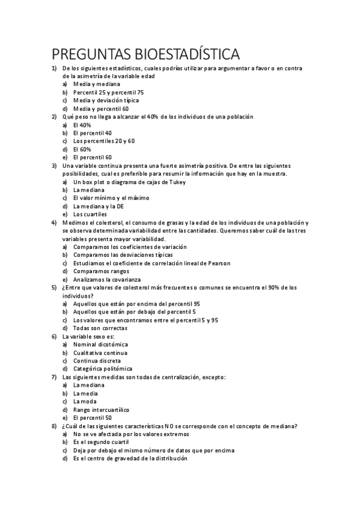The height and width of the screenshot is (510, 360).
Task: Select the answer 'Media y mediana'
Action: [97, 85]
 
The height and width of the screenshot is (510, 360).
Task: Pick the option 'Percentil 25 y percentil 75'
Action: [108, 93]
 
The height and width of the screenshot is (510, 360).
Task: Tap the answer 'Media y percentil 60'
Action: [100, 109]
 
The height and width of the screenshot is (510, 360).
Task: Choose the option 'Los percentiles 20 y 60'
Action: [104, 141]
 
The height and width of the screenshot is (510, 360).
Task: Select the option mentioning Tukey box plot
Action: [129, 182]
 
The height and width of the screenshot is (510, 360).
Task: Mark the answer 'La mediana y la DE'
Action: [99, 206]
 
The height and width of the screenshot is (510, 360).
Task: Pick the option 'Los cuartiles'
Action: [90, 214]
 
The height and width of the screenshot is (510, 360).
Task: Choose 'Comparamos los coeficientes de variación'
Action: [130, 247]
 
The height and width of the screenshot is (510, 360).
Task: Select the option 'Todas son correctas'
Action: [100, 328]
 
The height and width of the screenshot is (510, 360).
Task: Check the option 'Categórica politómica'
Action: [103, 369]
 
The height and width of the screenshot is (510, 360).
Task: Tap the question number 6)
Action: [53, 336]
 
